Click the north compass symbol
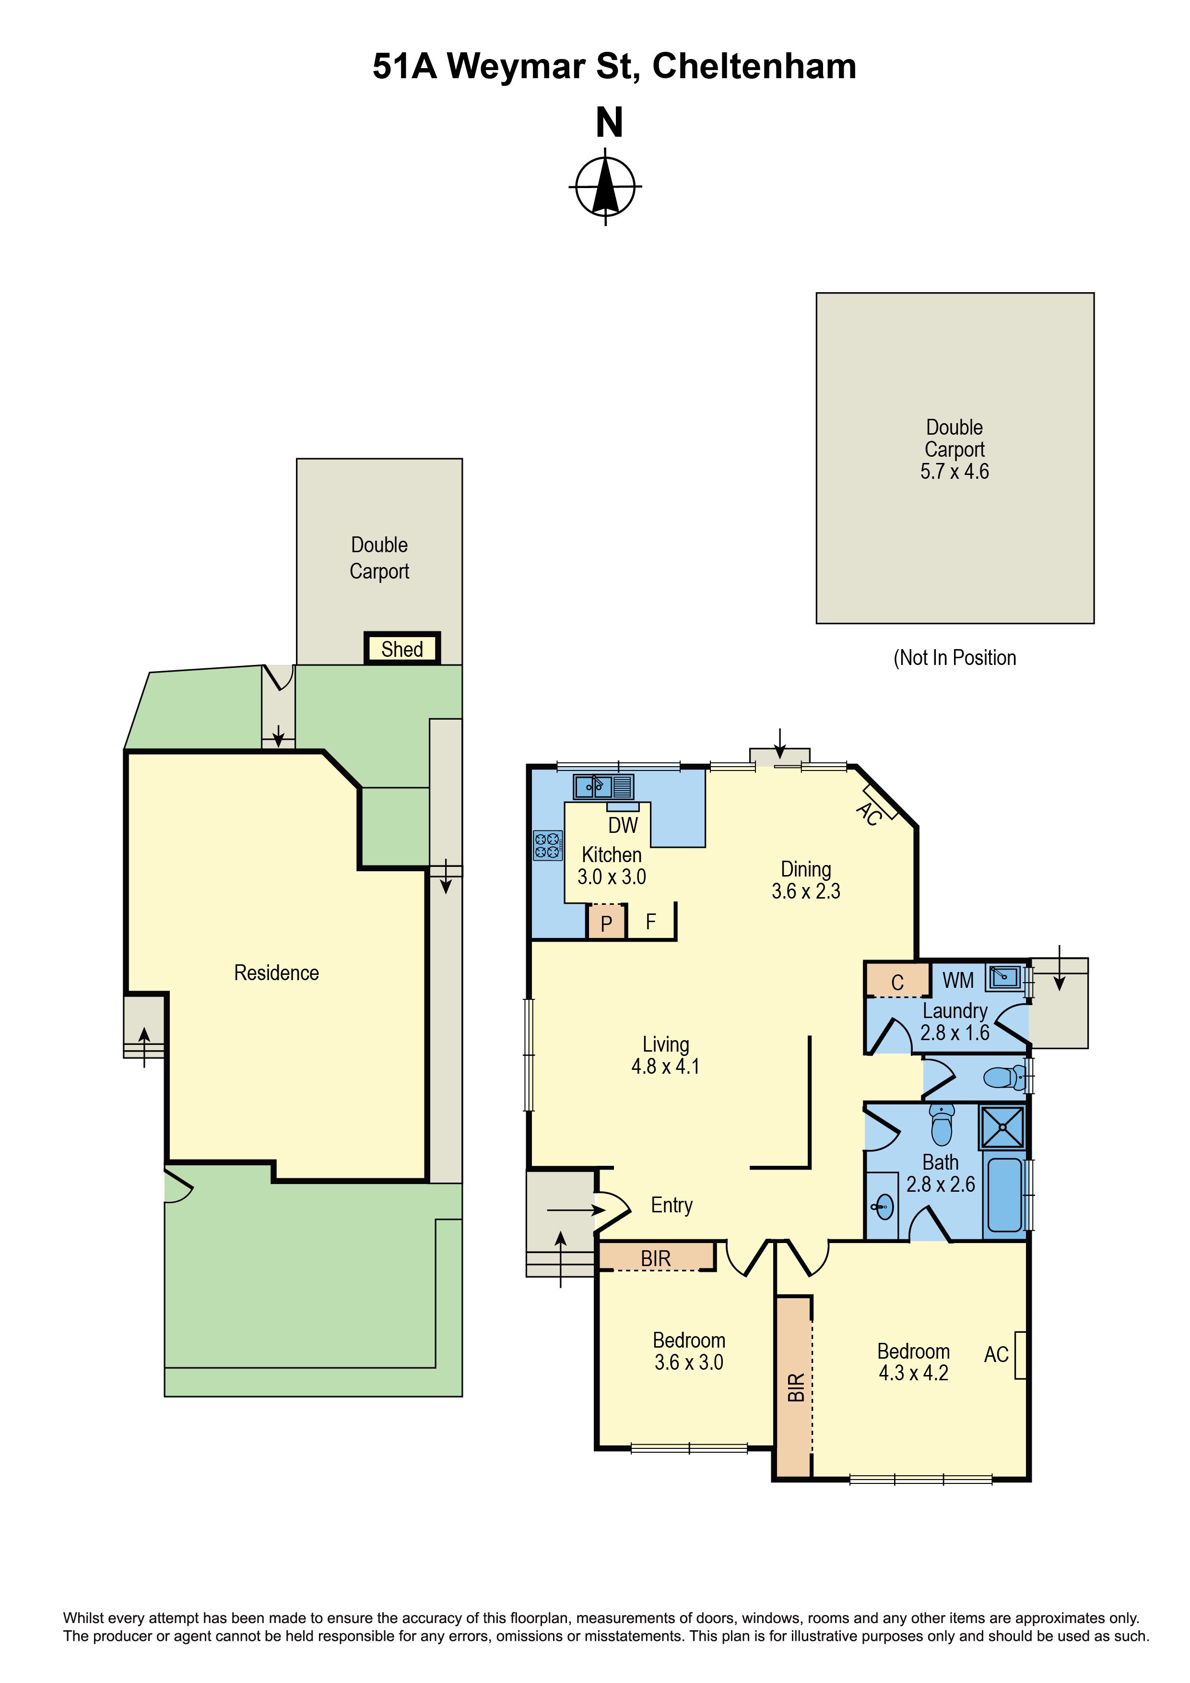pyautogui.click(x=605, y=186)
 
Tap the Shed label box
pyautogui.click(x=402, y=649)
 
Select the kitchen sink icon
pyautogui.click(x=603, y=786)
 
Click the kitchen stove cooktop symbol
pyautogui.click(x=547, y=845)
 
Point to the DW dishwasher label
pyautogui.click(x=623, y=825)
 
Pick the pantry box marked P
pyautogui.click(x=606, y=922)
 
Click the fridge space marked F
pyautogui.click(x=651, y=922)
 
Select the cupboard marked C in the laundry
pyautogui.click(x=897, y=981)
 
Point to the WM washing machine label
pyautogui.click(x=958, y=980)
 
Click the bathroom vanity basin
pyautogui.click(x=884, y=1206)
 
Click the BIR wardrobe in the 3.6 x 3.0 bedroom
pyautogui.click(x=656, y=1258)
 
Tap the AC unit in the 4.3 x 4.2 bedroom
pyautogui.click(x=1019, y=1355)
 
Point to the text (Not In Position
pyautogui.click(x=955, y=658)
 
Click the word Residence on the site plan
pyautogui.click(x=276, y=972)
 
